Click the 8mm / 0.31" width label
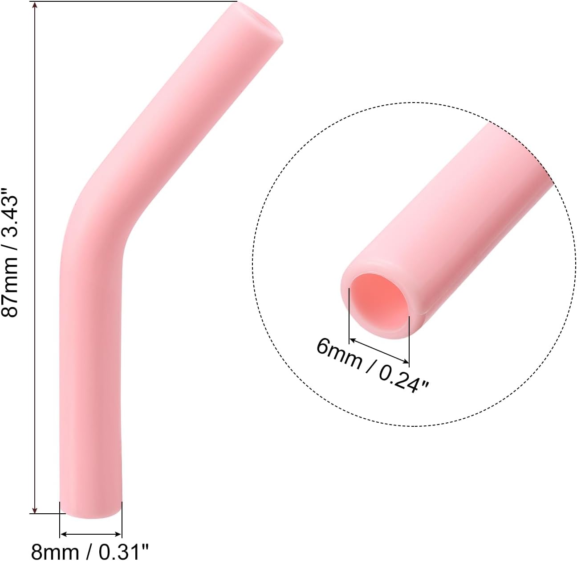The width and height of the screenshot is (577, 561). tap(89, 551)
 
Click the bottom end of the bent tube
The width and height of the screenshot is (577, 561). tap(90, 511)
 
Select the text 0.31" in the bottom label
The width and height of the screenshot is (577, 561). tap(123, 551)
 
